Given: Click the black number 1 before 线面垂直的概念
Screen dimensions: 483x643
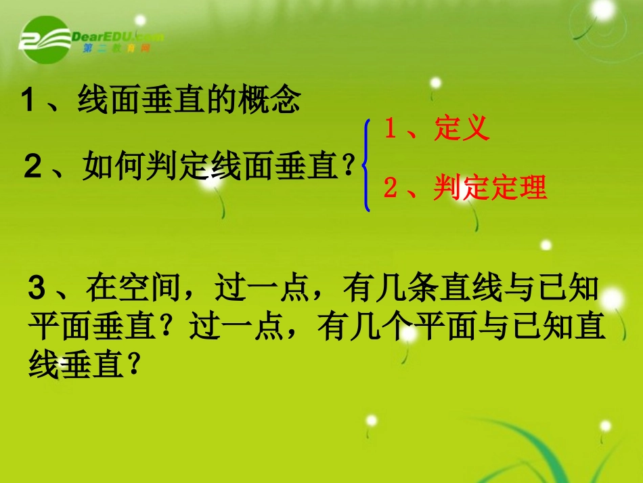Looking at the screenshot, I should coord(28,102).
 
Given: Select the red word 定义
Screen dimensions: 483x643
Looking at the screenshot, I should coord(462,128).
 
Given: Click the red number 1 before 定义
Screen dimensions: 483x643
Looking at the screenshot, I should coord(390,128).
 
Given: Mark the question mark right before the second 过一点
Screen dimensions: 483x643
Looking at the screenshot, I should coord(176,329).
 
